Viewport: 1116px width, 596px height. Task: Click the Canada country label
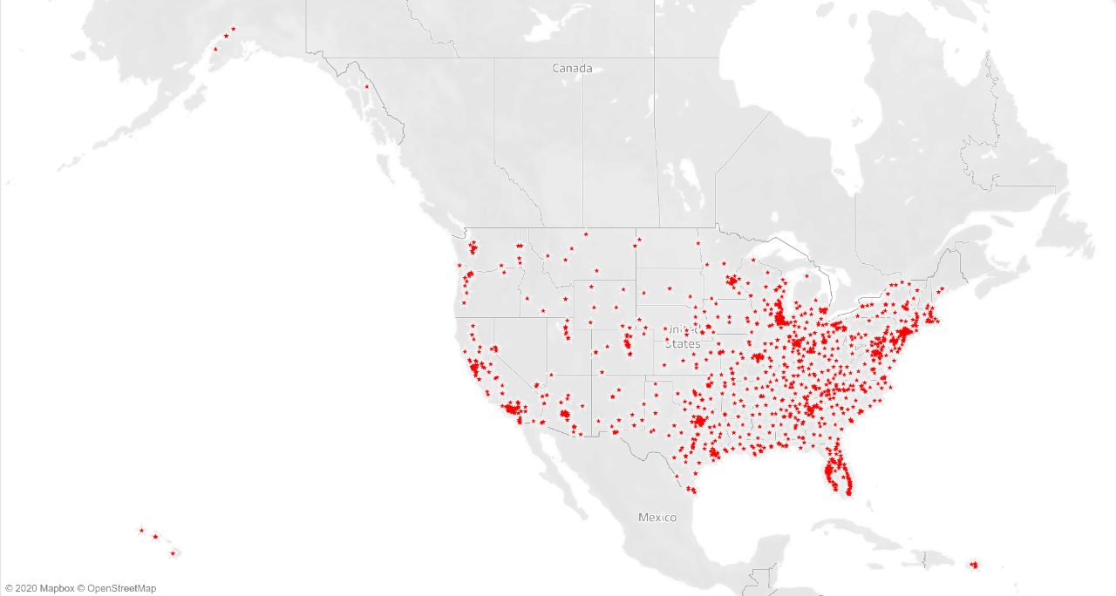(x=572, y=68)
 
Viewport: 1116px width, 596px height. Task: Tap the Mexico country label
(x=657, y=518)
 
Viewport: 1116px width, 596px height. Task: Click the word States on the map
(x=682, y=344)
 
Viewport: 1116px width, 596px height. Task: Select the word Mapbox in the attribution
(x=57, y=589)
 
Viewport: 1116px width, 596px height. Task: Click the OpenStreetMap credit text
(x=121, y=589)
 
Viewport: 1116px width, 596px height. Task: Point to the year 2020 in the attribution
(x=26, y=589)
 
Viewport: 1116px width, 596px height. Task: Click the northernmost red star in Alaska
(x=233, y=29)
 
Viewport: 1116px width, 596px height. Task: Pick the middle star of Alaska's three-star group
(x=226, y=36)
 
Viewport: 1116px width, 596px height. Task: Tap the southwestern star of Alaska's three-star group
(x=215, y=49)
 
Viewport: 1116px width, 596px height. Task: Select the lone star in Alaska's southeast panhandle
(x=366, y=87)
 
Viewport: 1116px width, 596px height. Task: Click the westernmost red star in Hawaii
(x=141, y=530)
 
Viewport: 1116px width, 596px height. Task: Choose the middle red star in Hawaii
(x=155, y=537)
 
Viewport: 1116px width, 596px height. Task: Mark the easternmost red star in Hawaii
(x=173, y=553)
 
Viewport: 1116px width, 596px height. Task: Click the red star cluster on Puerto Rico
(x=974, y=566)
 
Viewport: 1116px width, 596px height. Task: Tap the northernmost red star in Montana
(x=586, y=234)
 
